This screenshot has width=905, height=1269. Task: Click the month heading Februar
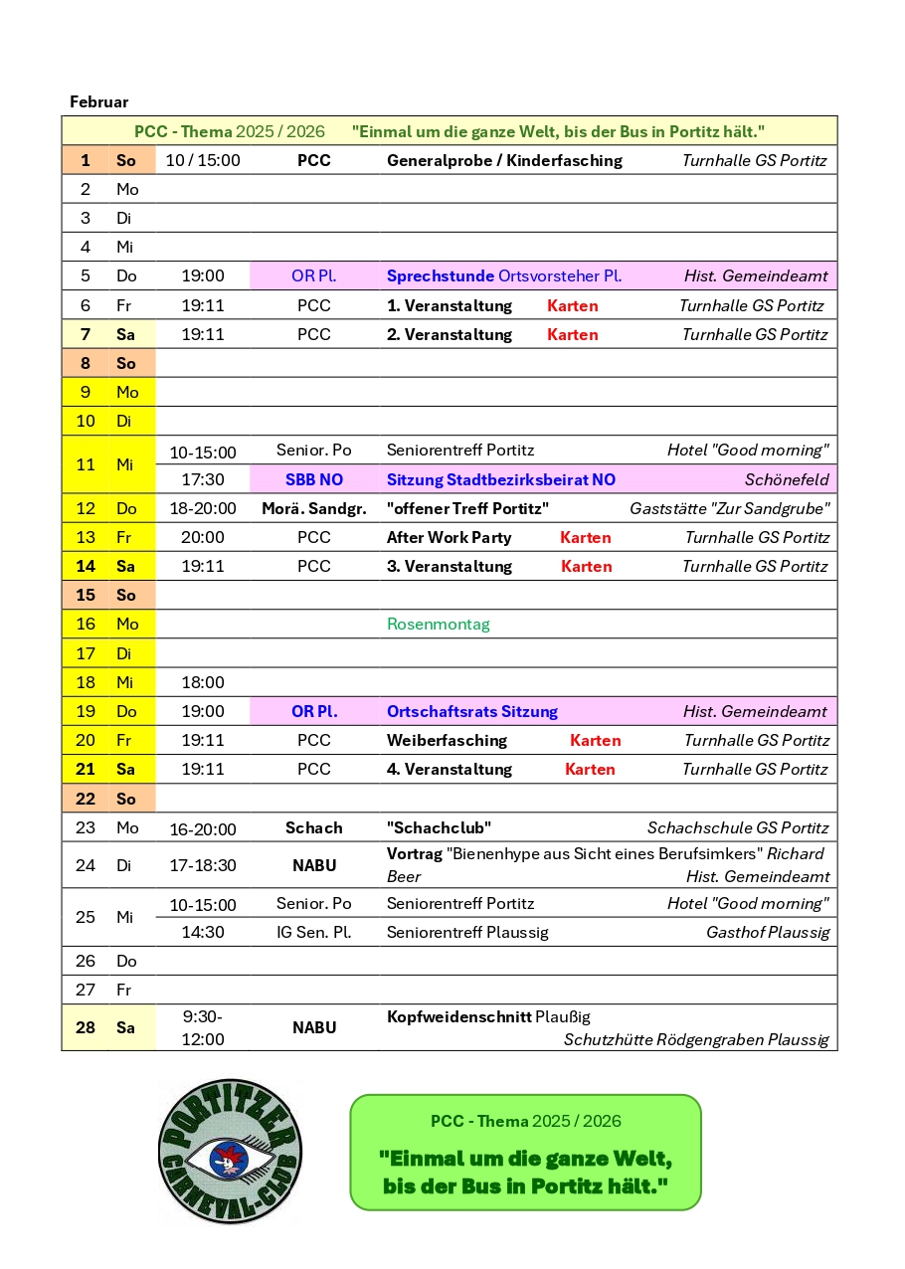coord(98,102)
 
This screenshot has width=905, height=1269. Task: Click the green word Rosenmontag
coord(438,625)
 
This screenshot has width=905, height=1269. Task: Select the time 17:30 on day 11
coord(203,479)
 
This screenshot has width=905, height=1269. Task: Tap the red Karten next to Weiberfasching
coord(595,740)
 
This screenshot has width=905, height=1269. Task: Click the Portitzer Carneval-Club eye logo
coord(230,1152)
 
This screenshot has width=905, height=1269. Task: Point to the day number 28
coord(86,1027)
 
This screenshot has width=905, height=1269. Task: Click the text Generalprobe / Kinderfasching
coord(504,160)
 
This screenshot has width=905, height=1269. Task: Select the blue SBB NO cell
coord(313,479)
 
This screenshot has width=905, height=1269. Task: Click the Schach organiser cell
coord(313,827)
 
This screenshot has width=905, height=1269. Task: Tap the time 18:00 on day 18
coord(203,682)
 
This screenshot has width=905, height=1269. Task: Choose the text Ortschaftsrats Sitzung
coord(471,711)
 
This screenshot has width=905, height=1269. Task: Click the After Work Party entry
coord(449,537)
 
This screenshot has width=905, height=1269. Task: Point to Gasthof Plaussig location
coord(767,932)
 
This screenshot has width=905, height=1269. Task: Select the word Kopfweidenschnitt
coord(458,1016)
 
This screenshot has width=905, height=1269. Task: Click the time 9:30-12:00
coord(203,1027)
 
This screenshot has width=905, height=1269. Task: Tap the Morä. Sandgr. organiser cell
coord(313,508)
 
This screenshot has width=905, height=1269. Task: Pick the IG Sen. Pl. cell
coord(313,932)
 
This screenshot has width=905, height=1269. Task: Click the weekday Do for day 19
coord(126,711)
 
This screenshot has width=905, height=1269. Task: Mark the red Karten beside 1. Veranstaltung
coord(572,305)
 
